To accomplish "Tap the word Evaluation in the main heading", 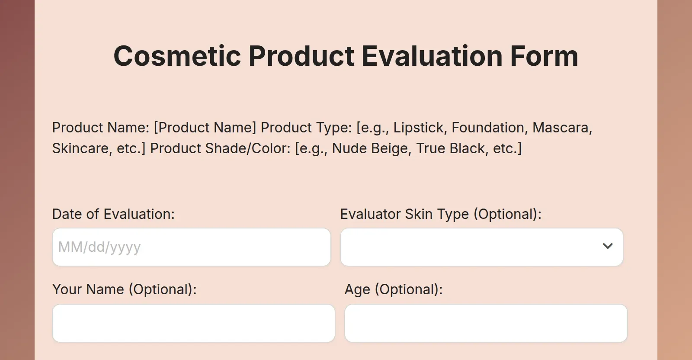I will pos(432,56).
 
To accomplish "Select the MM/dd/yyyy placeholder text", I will pos(99,247).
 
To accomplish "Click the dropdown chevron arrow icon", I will pos(608,246).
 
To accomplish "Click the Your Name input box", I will pos(193,323).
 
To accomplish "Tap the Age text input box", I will pos(486,323).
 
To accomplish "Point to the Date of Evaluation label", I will pos(113,214).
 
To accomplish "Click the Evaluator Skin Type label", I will pos(441,214).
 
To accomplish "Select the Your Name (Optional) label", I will pos(125,289).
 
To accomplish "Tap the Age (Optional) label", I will pos(394,289).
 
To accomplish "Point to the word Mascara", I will pos(561,128).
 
